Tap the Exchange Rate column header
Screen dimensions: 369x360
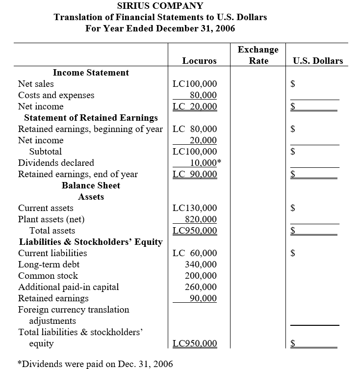point(258,55)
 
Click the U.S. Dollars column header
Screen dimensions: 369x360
point(317,61)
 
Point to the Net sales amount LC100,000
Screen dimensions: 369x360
point(195,84)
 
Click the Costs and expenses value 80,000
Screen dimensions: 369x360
point(203,95)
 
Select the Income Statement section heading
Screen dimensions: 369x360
point(91,73)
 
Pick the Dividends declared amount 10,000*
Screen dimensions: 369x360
point(205,163)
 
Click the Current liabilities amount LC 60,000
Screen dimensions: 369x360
point(195,253)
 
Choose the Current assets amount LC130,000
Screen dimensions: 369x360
point(195,208)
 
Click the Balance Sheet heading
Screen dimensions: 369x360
point(91,185)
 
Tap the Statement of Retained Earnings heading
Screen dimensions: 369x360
point(91,118)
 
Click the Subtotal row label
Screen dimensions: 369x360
point(46,152)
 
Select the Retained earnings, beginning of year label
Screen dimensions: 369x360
point(90,129)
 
